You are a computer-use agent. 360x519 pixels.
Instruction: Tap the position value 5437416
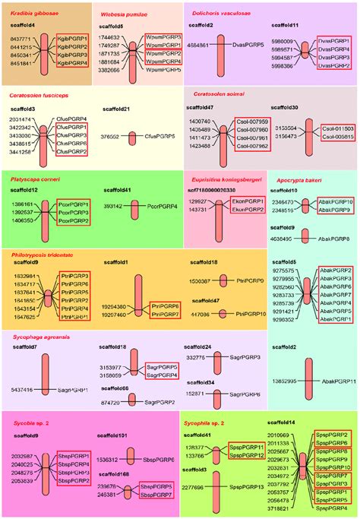[22, 389]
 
